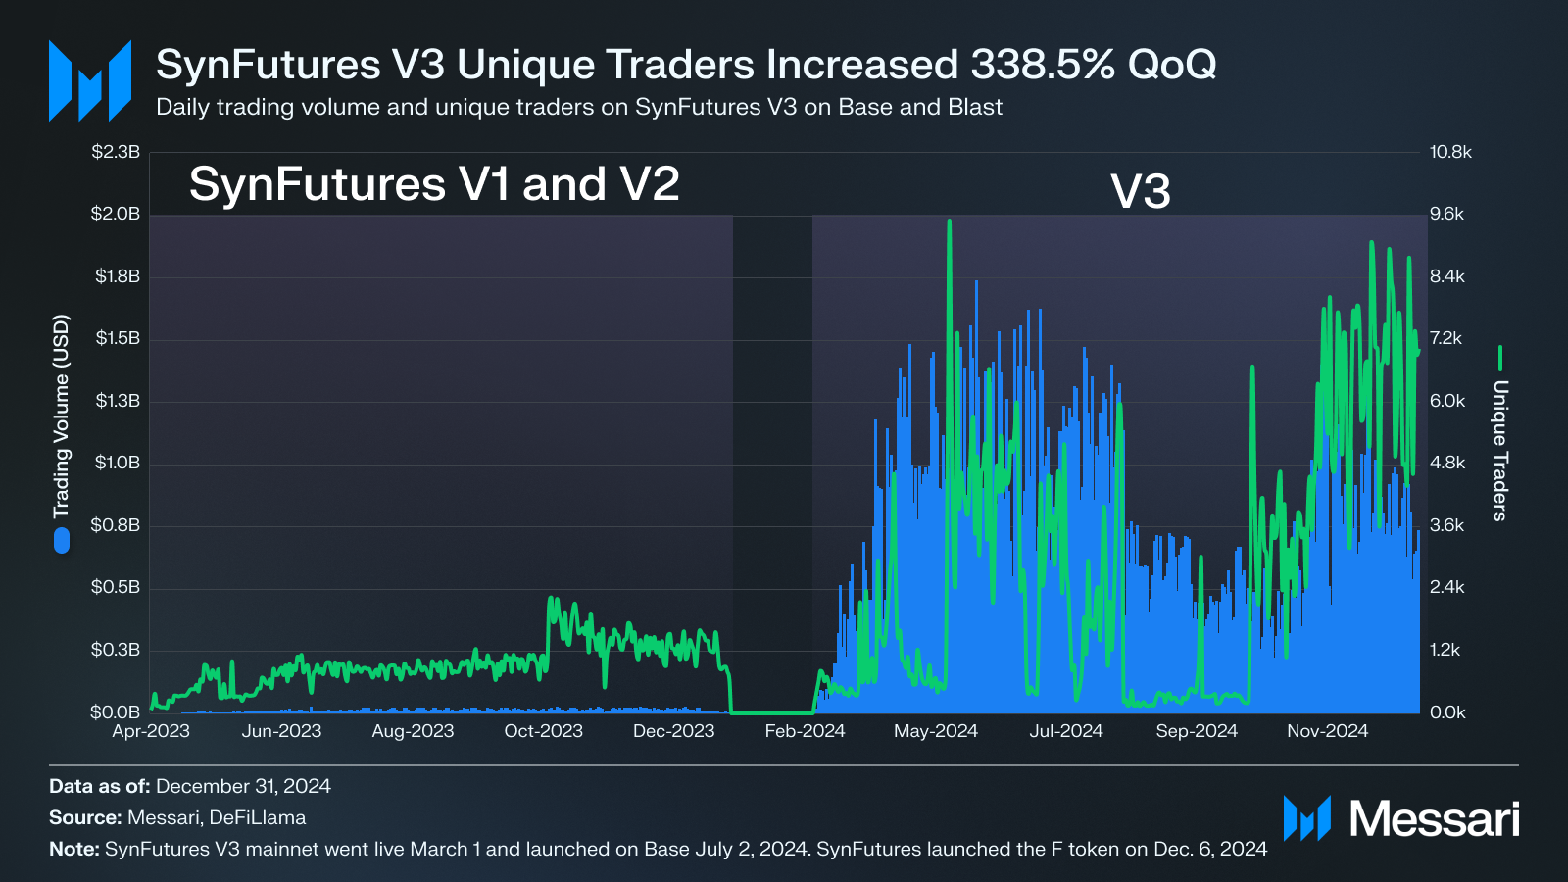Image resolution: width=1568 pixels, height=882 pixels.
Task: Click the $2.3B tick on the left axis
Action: click(x=116, y=152)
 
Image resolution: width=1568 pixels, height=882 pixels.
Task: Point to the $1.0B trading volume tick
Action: click(x=117, y=463)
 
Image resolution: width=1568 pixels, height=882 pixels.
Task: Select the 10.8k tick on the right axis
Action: click(x=1450, y=152)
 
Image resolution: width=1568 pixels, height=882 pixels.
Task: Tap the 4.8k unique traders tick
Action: click(x=1447, y=463)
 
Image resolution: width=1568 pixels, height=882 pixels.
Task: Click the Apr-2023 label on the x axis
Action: click(x=151, y=731)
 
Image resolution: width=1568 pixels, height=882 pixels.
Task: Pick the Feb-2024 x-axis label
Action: click(x=805, y=731)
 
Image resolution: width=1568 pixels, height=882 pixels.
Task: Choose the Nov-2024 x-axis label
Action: click(x=1327, y=731)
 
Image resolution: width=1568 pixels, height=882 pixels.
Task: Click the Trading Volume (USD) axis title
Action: click(x=62, y=416)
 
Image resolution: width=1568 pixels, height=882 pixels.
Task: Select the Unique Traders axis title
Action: click(x=1500, y=450)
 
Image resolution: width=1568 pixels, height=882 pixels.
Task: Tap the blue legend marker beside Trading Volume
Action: click(x=62, y=540)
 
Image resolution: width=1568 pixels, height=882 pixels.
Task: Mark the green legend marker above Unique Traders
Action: click(x=1500, y=358)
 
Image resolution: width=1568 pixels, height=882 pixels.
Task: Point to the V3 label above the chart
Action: click(x=1140, y=191)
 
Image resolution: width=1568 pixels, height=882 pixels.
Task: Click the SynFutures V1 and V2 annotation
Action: click(x=434, y=184)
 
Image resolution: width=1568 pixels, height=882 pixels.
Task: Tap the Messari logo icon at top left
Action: click(x=90, y=80)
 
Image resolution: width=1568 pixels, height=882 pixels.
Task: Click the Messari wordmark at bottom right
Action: click(x=1434, y=818)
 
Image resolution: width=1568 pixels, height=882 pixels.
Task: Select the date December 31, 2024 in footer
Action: click(x=243, y=786)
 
